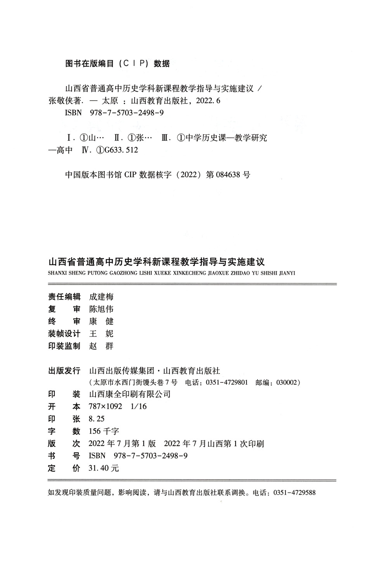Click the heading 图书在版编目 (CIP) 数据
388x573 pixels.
[118, 64]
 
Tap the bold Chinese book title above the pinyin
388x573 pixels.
[156, 261]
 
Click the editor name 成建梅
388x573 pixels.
[101, 297]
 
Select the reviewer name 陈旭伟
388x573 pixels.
[101, 309]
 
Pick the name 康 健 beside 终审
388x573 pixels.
[101, 321]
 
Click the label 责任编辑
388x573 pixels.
[64, 297]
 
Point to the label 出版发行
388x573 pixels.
[64, 370]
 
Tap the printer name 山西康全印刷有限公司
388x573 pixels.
[130, 394]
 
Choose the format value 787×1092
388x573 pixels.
[106, 406]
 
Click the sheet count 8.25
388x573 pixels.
[97, 419]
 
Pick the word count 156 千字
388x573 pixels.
[104, 431]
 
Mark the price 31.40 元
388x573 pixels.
[104, 468]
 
